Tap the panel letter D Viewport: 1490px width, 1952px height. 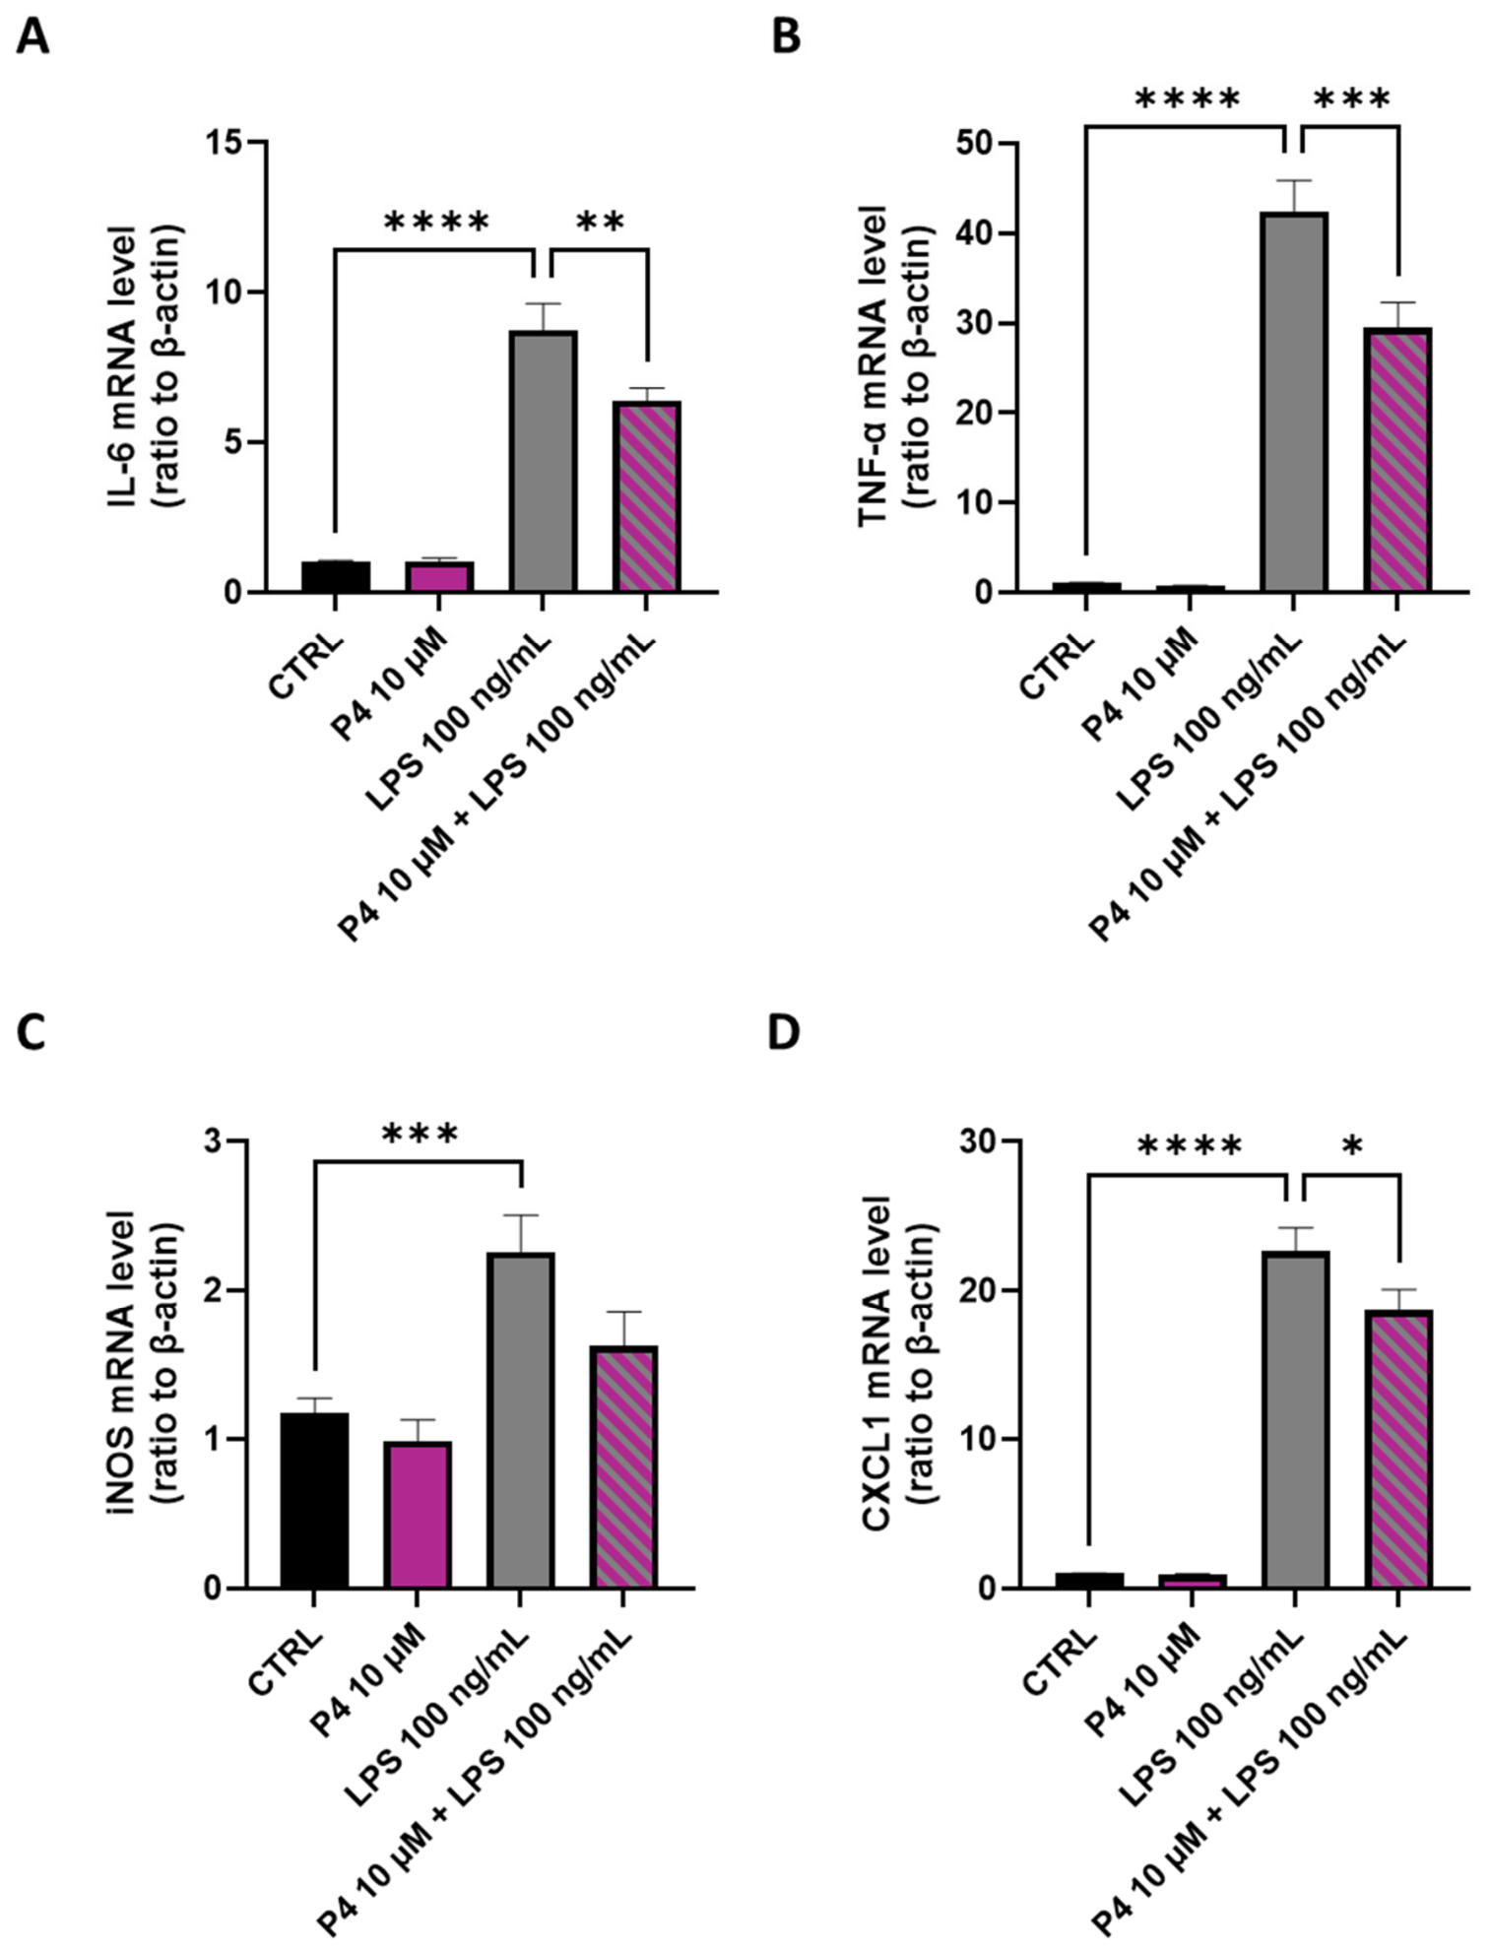(784, 1033)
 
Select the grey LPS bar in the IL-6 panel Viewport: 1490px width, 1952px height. (543, 461)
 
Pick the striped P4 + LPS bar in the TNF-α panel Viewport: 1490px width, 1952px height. (1396, 459)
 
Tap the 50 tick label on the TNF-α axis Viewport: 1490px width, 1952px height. (977, 144)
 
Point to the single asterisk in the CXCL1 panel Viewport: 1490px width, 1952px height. (1351, 1145)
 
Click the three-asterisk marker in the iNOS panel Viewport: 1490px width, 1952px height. (420, 1135)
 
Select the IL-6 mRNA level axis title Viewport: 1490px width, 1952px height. (149, 366)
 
